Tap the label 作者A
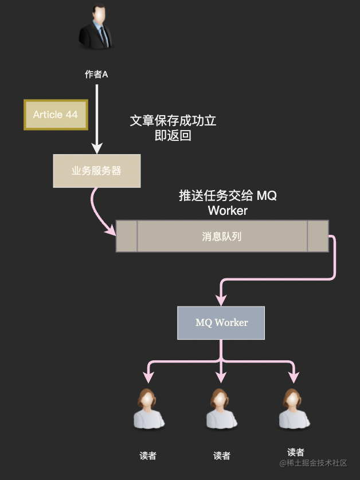click(96, 74)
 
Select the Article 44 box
click(56, 115)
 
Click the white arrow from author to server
click(97, 119)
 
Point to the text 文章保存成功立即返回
click(173, 128)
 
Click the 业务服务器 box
click(97, 171)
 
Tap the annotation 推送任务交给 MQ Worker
click(228, 203)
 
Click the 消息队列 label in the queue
click(222, 237)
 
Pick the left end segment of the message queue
click(127, 236)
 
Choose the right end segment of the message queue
click(318, 236)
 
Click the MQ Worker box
click(221, 322)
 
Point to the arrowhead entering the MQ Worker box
click(221, 300)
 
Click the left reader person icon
click(148, 408)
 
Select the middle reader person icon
click(221, 408)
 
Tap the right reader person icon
click(294, 408)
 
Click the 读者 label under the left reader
click(148, 455)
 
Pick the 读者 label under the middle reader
click(221, 455)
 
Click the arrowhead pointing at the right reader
click(294, 377)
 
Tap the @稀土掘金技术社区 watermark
click(313, 463)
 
